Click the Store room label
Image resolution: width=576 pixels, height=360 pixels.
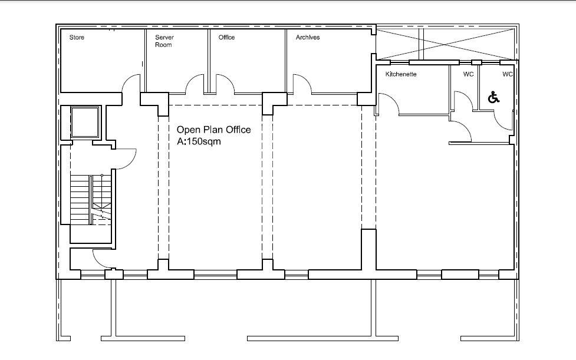coord(77,38)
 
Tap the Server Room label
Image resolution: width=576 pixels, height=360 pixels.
coord(164,41)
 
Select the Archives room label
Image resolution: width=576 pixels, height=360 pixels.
coord(308,38)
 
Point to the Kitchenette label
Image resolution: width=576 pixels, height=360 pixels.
coord(401,74)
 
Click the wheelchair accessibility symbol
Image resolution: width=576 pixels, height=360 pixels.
coord(493,98)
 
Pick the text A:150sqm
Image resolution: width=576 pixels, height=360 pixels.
coord(199,141)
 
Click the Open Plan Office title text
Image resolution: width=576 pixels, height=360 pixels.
coord(214,130)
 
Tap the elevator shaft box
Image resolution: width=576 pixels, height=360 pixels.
coord(85,123)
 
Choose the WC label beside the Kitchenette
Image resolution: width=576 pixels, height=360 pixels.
coord(468,74)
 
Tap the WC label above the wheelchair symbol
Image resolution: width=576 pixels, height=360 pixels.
coord(508,74)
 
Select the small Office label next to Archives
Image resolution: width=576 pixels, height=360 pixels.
coord(226,38)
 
